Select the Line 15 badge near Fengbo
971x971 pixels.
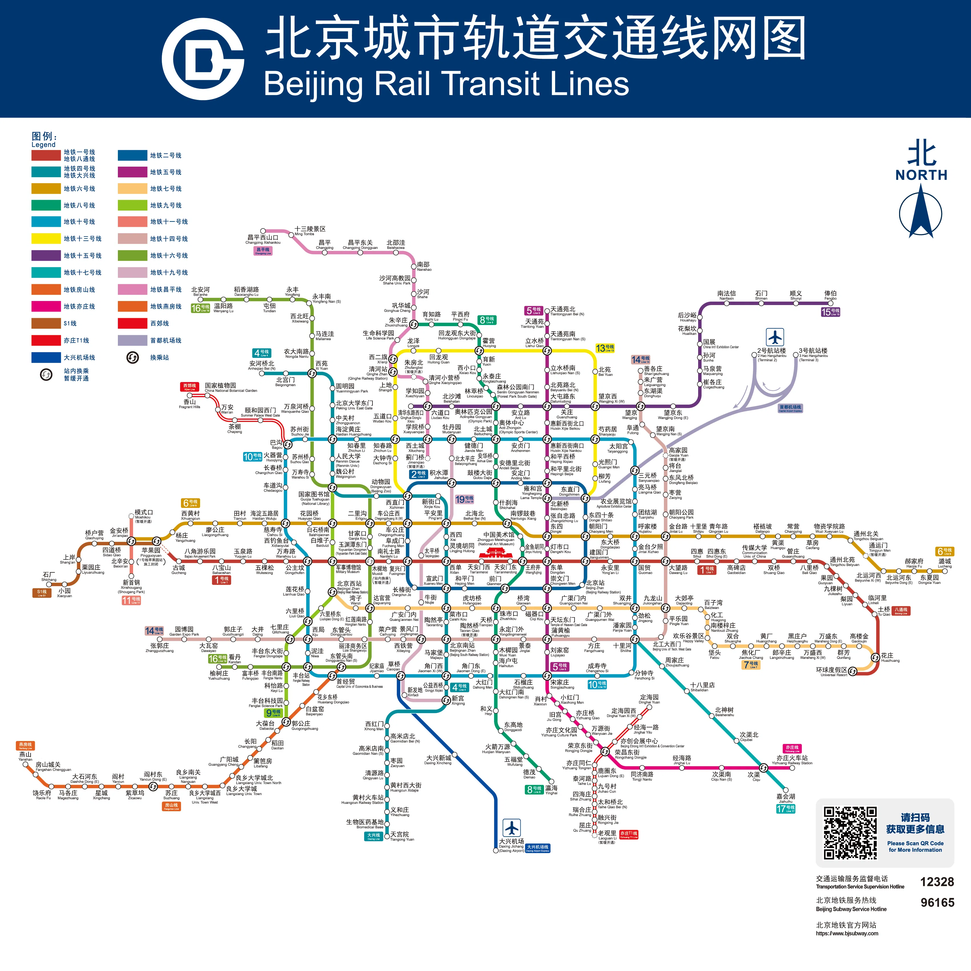click(830, 312)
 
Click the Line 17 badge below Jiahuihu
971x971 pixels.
click(785, 809)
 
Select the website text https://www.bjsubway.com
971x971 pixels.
click(847, 933)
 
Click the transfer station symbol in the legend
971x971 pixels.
click(132, 357)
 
